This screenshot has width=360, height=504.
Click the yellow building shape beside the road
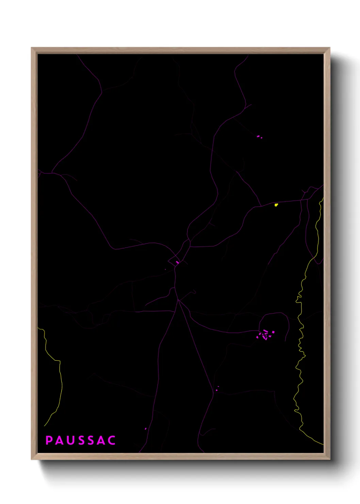(276, 205)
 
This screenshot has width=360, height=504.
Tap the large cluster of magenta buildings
(265, 334)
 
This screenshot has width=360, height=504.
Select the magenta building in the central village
(177, 263)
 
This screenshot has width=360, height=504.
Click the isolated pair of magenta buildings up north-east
(259, 137)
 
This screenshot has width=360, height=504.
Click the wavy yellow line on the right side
(300, 341)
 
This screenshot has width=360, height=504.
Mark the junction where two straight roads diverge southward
(178, 300)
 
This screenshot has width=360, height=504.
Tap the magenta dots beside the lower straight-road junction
(217, 389)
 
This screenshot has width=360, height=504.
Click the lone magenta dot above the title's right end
(146, 429)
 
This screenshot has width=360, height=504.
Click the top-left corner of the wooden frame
(32, 48)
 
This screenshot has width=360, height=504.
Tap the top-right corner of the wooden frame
(329, 48)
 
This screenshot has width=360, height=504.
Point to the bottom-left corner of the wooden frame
(32, 459)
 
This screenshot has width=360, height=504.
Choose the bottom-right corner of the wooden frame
(329, 459)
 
